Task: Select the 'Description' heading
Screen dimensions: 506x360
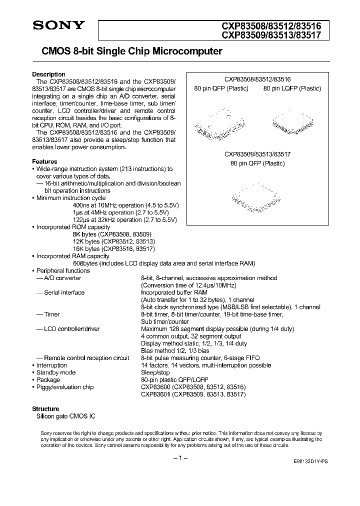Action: click(x=48, y=74)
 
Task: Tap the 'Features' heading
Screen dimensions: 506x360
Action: click(x=44, y=162)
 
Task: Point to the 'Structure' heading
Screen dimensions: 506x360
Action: click(x=45, y=408)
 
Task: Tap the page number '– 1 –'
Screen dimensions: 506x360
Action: click(x=180, y=458)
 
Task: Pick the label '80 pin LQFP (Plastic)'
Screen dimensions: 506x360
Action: click(x=292, y=88)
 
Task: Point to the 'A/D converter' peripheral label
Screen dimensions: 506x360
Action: click(x=62, y=278)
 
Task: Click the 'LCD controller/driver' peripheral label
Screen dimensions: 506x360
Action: click(x=71, y=329)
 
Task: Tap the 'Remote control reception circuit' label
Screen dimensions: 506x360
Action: click(x=86, y=358)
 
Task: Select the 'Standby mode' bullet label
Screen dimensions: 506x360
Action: click(x=56, y=372)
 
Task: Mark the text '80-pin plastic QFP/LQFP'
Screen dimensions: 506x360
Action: click(x=174, y=380)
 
